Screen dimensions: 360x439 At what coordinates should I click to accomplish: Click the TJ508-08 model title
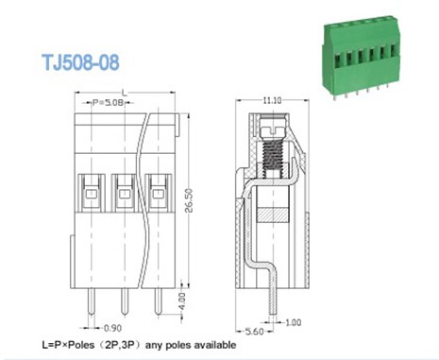79,63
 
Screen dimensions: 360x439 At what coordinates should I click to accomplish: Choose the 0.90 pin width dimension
111,328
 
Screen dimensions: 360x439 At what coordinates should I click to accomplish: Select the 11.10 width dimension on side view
274,99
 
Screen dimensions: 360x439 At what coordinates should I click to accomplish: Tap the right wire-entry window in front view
153,193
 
